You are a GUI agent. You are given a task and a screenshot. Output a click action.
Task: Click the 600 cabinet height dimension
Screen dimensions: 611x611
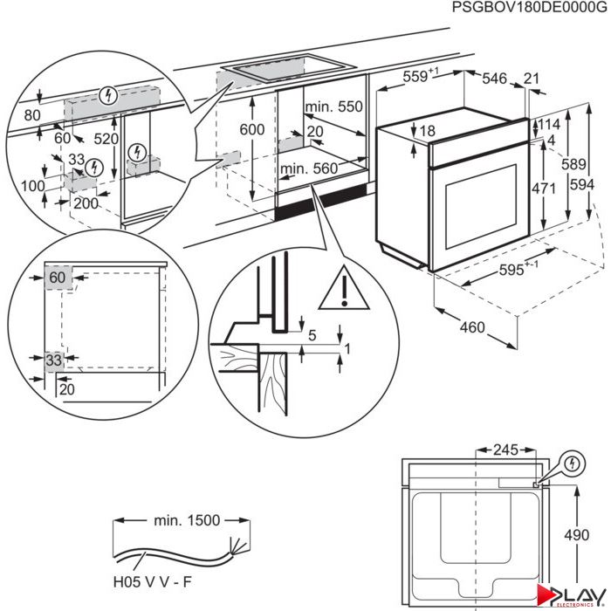click(252, 128)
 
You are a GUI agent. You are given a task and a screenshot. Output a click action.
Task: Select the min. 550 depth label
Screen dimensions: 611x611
click(333, 106)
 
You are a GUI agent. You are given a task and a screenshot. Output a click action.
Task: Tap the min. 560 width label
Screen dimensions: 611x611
click(308, 168)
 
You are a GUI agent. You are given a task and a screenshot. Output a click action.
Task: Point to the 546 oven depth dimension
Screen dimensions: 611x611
click(494, 79)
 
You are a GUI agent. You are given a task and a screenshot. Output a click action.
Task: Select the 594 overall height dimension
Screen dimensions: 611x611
click(589, 185)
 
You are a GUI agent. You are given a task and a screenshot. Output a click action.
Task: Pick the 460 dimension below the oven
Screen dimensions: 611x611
click(471, 328)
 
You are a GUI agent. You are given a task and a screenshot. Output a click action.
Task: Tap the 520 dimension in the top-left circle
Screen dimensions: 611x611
click(105, 139)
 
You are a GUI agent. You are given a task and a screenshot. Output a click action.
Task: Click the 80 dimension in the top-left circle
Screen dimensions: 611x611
click(33, 115)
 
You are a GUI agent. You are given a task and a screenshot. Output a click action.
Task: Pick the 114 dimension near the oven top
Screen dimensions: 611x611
click(547, 124)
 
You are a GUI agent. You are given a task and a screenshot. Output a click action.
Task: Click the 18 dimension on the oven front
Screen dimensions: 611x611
click(425, 132)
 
